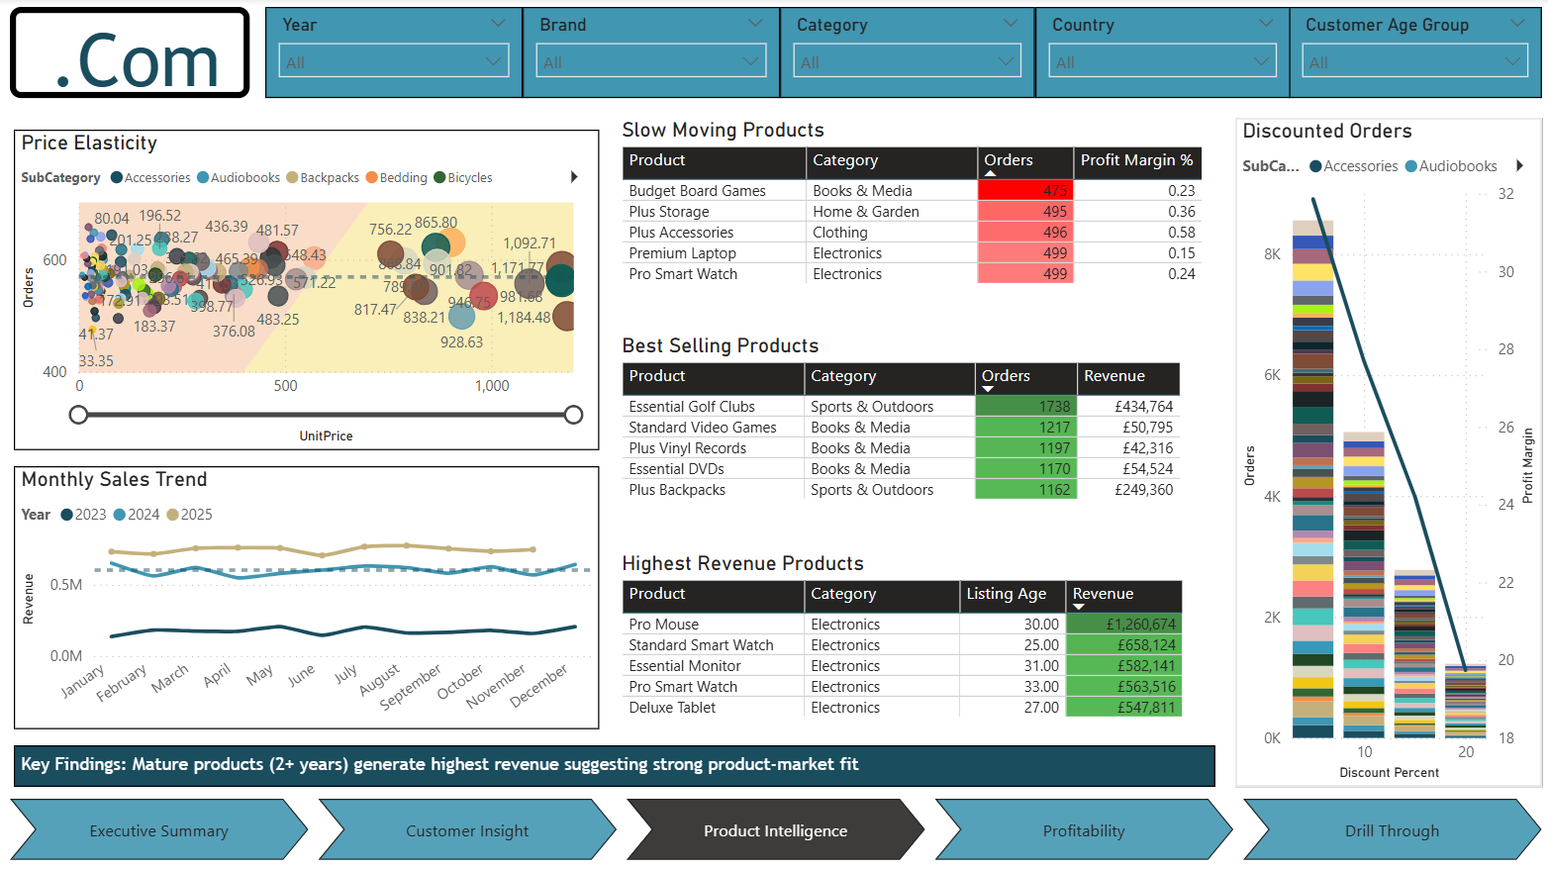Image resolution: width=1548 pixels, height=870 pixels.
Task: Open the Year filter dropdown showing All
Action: pyautogui.click(x=394, y=61)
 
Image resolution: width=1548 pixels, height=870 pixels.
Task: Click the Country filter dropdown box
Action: pyautogui.click(x=1162, y=61)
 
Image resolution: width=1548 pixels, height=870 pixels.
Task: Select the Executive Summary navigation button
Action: pyautogui.click(x=158, y=830)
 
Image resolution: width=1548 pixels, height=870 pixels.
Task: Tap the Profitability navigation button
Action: pyautogui.click(x=1083, y=830)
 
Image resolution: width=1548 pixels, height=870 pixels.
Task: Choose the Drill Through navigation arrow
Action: pyautogui.click(x=1391, y=830)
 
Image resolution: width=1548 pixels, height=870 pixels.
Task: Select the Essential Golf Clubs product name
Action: pyautogui.click(x=692, y=407)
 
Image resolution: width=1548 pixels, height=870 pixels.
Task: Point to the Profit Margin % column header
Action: pyautogui.click(x=1136, y=160)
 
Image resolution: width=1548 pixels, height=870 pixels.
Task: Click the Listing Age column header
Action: pyautogui.click(x=1006, y=594)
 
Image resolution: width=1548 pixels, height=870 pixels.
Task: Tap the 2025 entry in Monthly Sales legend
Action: pyautogui.click(x=189, y=515)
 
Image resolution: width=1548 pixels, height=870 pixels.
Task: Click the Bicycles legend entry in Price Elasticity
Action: pyautogui.click(x=469, y=178)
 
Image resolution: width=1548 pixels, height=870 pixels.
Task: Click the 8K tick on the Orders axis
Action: pyautogui.click(x=1272, y=254)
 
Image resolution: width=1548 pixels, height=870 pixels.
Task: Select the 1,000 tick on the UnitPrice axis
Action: pyautogui.click(x=492, y=386)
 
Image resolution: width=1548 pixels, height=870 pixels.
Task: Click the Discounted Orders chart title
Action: pyautogui.click(x=1326, y=131)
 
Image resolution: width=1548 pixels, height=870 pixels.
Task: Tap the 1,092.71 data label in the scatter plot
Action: pyautogui.click(x=529, y=243)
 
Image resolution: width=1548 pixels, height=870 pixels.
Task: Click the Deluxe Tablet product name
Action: pyautogui.click(x=672, y=708)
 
